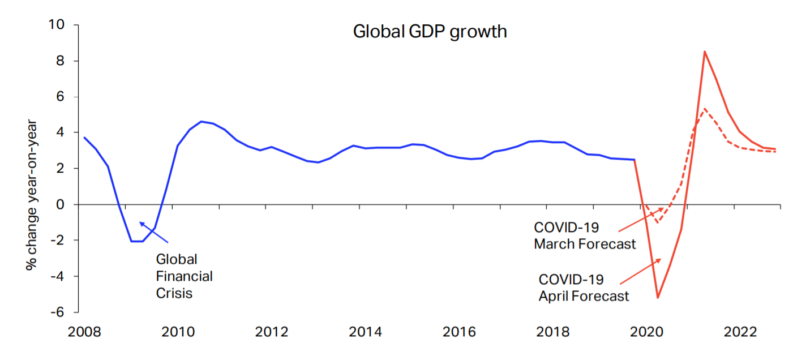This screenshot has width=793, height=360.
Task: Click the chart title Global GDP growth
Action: pyautogui.click(x=430, y=31)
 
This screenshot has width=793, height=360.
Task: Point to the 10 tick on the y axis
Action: pyautogui.click(x=58, y=25)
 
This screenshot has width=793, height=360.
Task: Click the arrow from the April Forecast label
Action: pyautogui.click(x=641, y=271)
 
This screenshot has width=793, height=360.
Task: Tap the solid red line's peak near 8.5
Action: pyautogui.click(x=704, y=52)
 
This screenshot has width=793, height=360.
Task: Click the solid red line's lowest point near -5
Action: pyautogui.click(x=658, y=297)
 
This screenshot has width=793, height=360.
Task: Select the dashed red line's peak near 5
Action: pyautogui.click(x=704, y=109)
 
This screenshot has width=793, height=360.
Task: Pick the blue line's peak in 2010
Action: pyautogui.click(x=201, y=121)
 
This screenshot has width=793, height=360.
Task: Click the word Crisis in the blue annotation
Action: pyautogui.click(x=174, y=293)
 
